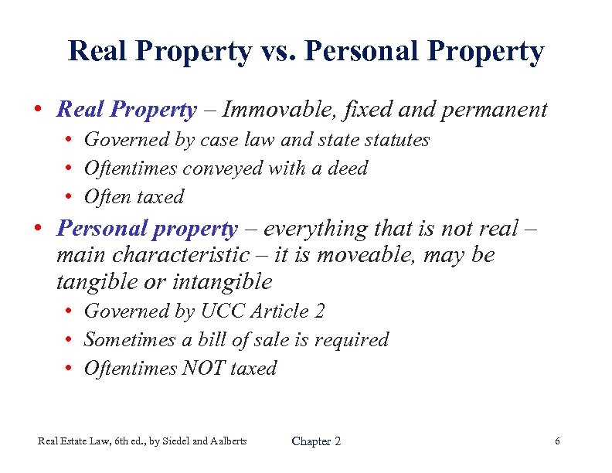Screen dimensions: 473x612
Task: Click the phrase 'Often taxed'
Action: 134,197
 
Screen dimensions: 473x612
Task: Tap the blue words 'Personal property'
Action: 148,229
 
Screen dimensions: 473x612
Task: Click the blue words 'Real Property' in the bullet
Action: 127,110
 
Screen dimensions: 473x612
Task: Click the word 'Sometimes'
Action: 128,340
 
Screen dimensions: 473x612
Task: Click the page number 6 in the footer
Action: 557,441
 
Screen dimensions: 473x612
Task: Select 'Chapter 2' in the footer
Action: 316,441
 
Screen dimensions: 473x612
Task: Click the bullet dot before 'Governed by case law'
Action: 70,141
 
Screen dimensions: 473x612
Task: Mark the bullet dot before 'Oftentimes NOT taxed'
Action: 70,369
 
